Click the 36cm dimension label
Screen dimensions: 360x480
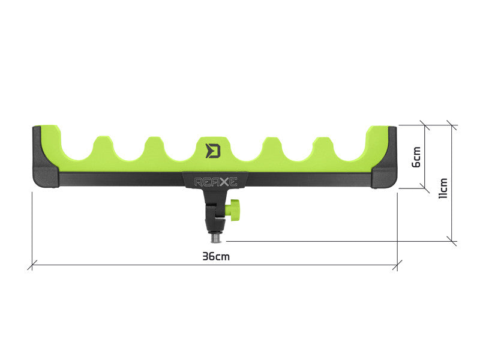coord(216,256)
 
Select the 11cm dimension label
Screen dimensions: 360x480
coord(443,187)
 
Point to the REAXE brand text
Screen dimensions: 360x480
coord(215,180)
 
